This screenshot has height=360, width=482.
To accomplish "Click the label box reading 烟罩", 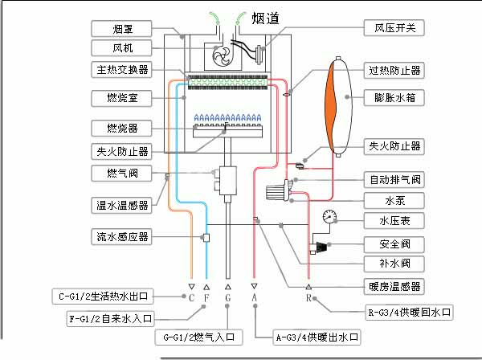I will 123,29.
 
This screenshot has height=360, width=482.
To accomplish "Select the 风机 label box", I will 123,48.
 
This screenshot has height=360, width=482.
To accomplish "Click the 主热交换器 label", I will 123,70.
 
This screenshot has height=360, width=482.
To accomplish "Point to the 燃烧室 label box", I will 123,100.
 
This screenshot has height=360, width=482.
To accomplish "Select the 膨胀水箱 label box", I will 394,98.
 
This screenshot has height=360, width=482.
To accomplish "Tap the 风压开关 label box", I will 394,28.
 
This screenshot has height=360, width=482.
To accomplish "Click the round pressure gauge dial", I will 331,216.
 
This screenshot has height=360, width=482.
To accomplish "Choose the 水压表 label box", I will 394,220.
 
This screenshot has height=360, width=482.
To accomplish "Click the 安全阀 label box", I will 394,243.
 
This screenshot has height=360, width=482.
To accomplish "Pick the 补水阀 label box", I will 394,263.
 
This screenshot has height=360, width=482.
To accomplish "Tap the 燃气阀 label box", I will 123,174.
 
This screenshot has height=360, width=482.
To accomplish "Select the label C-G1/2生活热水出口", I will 104,294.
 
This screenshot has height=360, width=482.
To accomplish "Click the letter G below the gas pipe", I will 228,297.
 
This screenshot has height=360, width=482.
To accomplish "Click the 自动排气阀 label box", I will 394,178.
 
